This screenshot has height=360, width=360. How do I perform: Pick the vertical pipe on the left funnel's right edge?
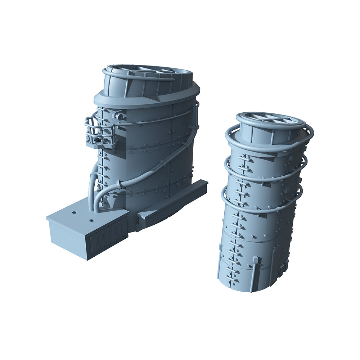coord(197,115)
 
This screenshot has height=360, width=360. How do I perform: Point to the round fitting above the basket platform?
coord(119,117)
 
